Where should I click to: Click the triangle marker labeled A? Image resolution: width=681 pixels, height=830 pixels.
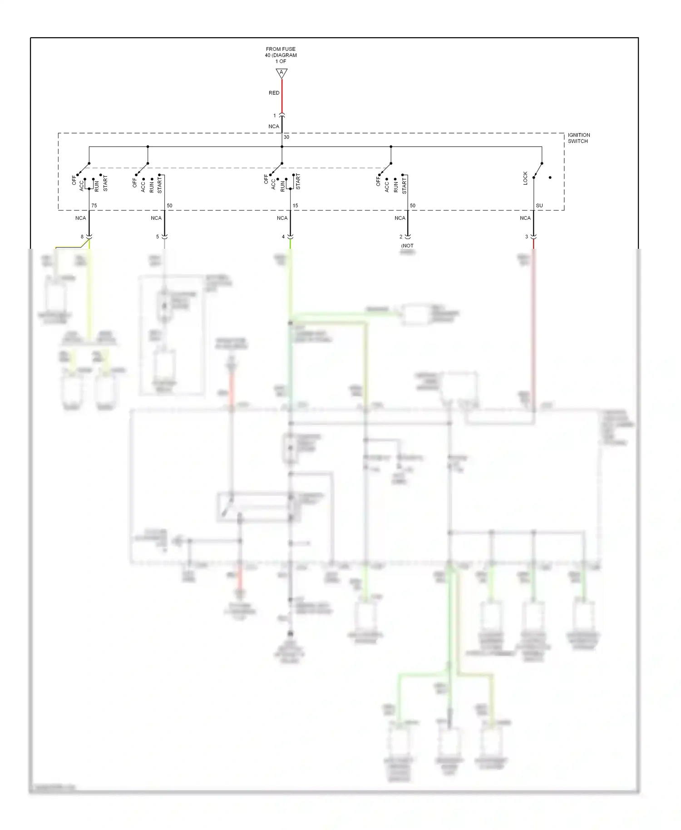click(281, 73)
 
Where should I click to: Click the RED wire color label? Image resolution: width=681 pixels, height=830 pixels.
click(274, 93)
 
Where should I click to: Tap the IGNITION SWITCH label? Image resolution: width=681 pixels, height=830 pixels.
click(578, 138)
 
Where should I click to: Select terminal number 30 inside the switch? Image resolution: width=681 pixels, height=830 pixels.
click(286, 137)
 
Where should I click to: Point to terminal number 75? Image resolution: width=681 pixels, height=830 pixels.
click(94, 206)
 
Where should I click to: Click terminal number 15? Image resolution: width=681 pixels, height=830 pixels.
click(295, 206)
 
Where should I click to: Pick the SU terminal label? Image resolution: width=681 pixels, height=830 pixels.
click(539, 206)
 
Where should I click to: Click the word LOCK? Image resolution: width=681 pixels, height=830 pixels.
click(525, 178)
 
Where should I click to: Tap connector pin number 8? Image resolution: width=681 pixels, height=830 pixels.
click(82, 237)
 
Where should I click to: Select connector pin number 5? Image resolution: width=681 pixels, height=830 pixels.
click(158, 237)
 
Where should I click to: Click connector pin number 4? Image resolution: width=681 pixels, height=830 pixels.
click(283, 237)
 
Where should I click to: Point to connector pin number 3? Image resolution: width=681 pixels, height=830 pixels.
click(527, 237)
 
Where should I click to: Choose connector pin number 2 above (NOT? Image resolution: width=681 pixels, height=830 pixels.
click(401, 237)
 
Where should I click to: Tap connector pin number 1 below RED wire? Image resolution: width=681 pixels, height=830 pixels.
click(274, 116)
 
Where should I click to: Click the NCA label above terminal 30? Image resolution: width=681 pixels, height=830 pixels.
click(274, 127)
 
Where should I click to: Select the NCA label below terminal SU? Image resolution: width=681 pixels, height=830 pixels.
click(525, 218)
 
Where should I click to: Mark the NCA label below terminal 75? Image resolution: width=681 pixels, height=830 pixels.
click(80, 218)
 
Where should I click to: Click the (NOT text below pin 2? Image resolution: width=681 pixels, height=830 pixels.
click(407, 246)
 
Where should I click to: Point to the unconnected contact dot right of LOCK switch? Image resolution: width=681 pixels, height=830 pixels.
click(550, 178)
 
